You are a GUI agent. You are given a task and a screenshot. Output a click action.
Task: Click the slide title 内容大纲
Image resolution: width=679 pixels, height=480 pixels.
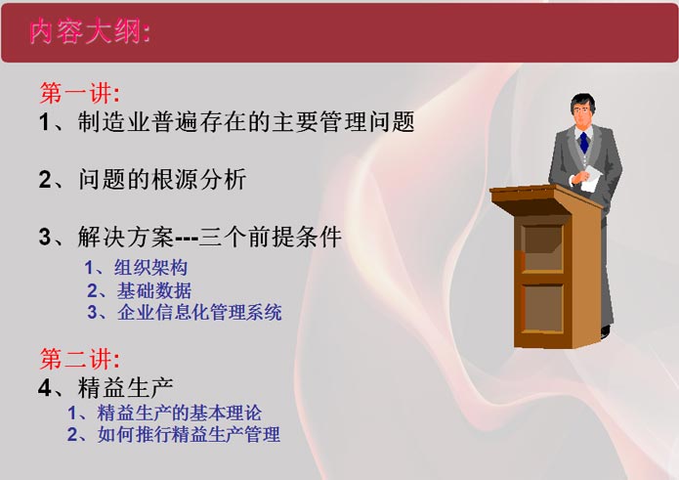click(x=90, y=31)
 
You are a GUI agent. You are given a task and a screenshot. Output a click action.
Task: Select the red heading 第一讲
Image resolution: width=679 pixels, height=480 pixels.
click(x=79, y=92)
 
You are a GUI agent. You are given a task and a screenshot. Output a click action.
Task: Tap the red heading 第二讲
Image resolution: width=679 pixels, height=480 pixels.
click(x=79, y=358)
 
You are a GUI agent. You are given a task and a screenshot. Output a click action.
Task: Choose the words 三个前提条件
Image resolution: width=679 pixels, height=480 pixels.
click(x=271, y=237)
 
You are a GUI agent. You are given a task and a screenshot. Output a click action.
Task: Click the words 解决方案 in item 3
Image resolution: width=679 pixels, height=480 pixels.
click(x=126, y=237)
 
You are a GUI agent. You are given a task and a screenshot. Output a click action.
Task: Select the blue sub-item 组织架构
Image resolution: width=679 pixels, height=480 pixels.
click(x=150, y=267)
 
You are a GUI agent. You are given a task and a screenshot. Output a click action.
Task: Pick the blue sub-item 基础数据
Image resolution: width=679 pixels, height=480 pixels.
click(x=153, y=290)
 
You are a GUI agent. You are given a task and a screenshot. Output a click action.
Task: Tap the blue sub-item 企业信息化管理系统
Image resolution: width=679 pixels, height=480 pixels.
click(x=199, y=313)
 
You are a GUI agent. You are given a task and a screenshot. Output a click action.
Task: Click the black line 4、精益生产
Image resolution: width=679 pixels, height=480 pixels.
click(x=106, y=387)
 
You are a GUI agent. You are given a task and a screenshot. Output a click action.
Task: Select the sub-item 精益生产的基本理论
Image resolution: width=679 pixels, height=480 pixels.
click(x=180, y=413)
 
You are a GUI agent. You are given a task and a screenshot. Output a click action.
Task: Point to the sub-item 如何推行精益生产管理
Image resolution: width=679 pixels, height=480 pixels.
click(x=189, y=434)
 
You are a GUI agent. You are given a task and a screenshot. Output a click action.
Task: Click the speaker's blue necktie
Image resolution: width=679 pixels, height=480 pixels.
click(x=584, y=143)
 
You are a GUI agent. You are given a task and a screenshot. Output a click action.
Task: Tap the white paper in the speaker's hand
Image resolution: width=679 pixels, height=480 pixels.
click(x=591, y=179)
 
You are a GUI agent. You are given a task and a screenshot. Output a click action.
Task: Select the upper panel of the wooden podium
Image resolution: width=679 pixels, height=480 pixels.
click(x=542, y=247)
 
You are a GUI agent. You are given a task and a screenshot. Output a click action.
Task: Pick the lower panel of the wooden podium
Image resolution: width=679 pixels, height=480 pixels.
click(x=542, y=309)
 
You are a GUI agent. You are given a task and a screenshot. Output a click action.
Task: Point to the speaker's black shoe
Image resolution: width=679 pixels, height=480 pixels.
click(x=606, y=331)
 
